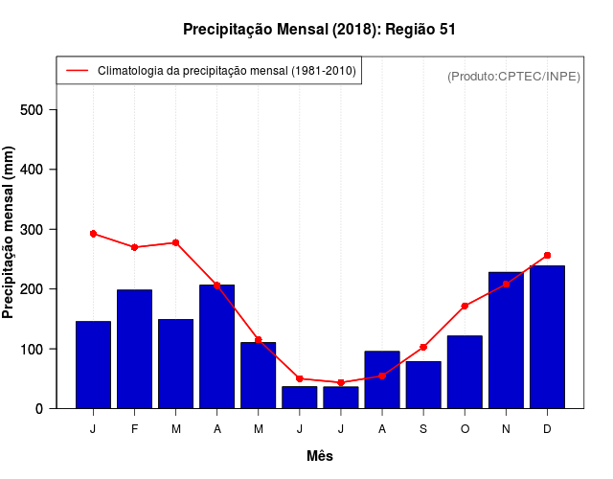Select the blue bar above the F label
[134, 349]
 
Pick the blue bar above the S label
[423, 385]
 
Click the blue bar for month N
[506, 340]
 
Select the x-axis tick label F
[134, 429]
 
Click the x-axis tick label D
[547, 429]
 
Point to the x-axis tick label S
[423, 429]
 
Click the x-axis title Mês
[320, 456]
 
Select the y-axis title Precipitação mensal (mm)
[10, 233]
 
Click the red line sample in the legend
[78, 71]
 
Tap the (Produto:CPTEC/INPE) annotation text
[513, 76]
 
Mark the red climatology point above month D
[547, 256]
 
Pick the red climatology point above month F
[134, 247]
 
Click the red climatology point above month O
[465, 307]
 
